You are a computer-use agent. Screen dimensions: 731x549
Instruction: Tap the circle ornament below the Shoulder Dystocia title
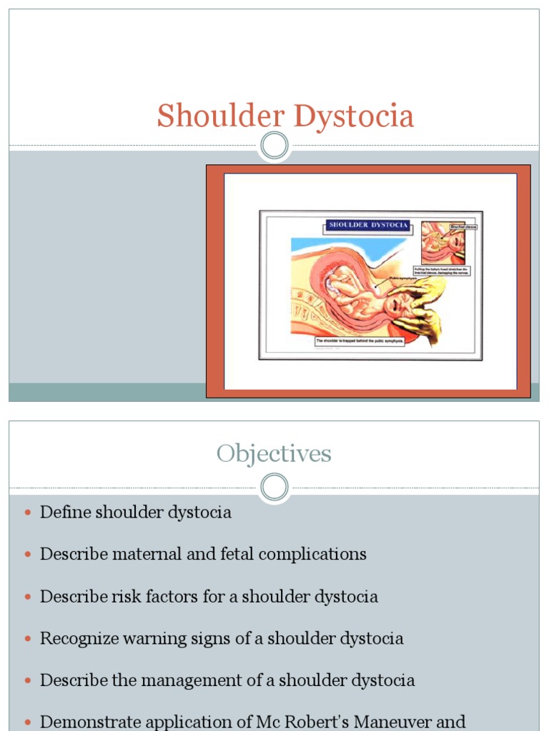(274, 146)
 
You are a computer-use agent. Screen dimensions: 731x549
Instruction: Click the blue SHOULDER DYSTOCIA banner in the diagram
(368, 225)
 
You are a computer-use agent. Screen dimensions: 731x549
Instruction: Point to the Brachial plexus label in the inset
(463, 227)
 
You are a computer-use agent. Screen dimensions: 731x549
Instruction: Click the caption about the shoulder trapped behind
(360, 341)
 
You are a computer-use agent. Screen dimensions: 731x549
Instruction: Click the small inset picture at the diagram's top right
(443, 243)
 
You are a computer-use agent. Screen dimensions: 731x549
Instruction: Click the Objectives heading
(274, 454)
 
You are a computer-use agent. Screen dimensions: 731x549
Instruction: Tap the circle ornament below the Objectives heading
(274, 488)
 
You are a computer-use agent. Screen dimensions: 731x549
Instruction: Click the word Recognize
(80, 639)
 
